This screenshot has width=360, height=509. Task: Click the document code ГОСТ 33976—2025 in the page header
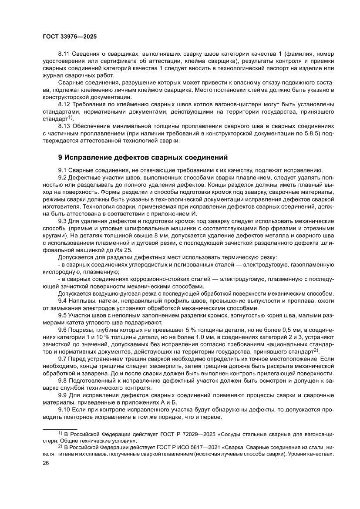(x=70, y=37)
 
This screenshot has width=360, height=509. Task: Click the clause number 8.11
(x=64, y=54)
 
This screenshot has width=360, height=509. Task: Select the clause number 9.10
(x=65, y=410)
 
